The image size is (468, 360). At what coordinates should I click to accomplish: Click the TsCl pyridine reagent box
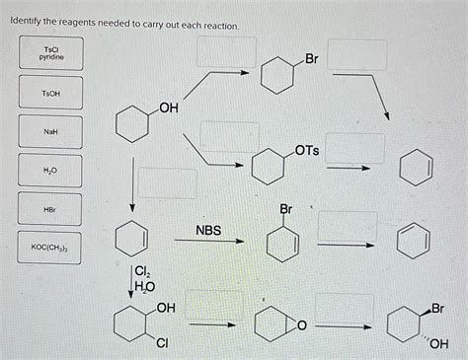(x=49, y=54)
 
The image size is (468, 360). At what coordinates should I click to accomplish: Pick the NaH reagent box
(x=49, y=130)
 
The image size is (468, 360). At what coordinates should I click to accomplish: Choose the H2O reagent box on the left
(x=49, y=170)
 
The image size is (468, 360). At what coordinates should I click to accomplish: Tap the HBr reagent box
(x=49, y=209)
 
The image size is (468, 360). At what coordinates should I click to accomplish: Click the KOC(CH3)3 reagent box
(x=49, y=248)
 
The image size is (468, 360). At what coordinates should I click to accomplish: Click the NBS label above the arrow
(x=208, y=231)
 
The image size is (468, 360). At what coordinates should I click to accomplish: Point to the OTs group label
(x=306, y=150)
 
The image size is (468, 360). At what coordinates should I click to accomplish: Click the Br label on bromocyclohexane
(x=310, y=60)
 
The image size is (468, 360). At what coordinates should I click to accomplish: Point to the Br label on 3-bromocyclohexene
(x=286, y=209)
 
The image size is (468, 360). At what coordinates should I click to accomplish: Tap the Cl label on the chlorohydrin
(x=161, y=344)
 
